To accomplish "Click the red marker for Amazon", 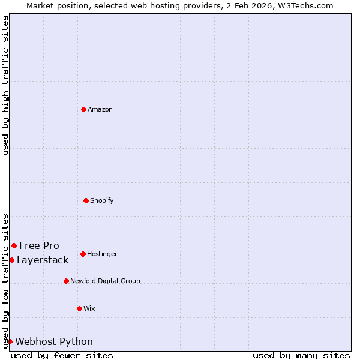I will point(83,109).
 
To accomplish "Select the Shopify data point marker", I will point(86,200).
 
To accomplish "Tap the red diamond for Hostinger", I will point(83,254).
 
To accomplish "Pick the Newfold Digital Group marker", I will point(66,281).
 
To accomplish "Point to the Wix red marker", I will point(79,308).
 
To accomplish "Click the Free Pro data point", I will point(14,245).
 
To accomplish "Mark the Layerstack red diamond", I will point(11,260).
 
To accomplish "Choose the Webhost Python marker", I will point(10,341).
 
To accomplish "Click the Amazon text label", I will point(100,109).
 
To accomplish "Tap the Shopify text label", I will point(102,200).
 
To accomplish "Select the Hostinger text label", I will point(102,254).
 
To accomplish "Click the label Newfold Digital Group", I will point(105,281).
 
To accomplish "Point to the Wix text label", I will point(89,308).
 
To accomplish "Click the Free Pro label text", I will point(39,245).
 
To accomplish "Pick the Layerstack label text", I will point(43,260).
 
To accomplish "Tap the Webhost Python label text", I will point(54,341).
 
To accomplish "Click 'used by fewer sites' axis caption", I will point(62,355).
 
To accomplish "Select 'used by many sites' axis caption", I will point(301,355).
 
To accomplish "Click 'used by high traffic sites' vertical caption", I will point(5,85).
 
